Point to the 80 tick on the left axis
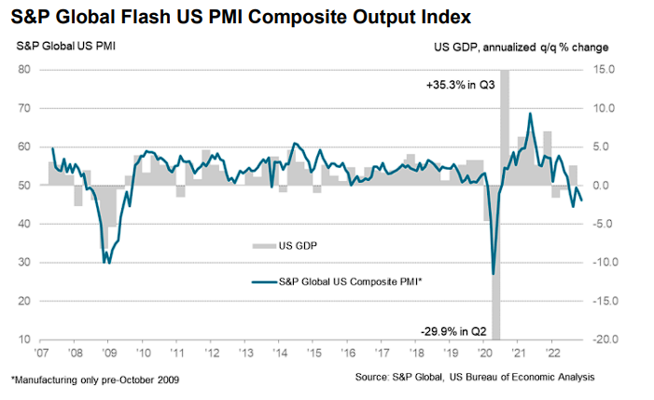point(25,70)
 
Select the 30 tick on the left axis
point(25,263)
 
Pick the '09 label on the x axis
point(108,354)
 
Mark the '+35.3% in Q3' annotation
point(453,85)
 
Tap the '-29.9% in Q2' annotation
point(452,331)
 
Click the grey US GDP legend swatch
point(264,247)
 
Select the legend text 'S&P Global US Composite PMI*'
point(350,282)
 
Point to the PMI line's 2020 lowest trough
point(493,274)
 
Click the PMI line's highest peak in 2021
point(530,114)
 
